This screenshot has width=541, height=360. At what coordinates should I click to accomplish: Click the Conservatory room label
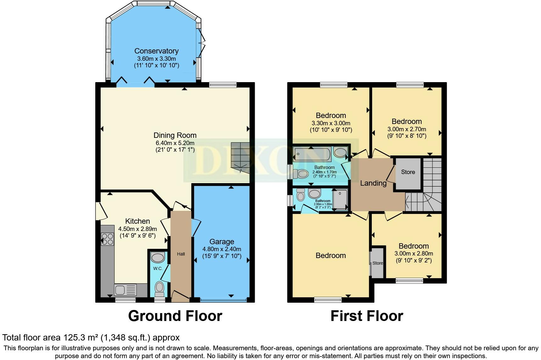156,51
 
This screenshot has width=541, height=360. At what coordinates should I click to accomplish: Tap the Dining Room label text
175,135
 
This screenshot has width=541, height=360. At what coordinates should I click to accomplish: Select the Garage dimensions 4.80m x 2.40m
222,249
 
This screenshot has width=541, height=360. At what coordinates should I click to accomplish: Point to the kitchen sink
125,290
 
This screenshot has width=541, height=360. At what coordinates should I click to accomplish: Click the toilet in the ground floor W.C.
160,289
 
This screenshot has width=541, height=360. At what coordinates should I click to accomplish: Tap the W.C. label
158,268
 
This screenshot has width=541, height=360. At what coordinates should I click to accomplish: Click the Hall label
181,254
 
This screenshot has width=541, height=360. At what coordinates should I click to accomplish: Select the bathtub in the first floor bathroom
311,155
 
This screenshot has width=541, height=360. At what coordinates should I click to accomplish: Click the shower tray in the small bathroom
340,199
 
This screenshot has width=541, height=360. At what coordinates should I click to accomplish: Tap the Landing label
373,183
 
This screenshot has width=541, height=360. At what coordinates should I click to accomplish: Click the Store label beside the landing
408,172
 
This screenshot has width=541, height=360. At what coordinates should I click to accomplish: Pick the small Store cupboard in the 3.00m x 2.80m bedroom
377,263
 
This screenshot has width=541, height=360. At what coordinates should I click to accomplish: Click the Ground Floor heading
175,316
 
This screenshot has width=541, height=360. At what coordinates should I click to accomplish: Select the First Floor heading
367,316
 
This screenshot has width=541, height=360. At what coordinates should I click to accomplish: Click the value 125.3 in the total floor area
71,338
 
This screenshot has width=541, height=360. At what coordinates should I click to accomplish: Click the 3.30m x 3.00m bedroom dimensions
331,123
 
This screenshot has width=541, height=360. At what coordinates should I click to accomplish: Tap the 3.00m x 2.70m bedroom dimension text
407,129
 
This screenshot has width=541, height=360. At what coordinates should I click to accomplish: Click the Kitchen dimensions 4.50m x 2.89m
137,229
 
